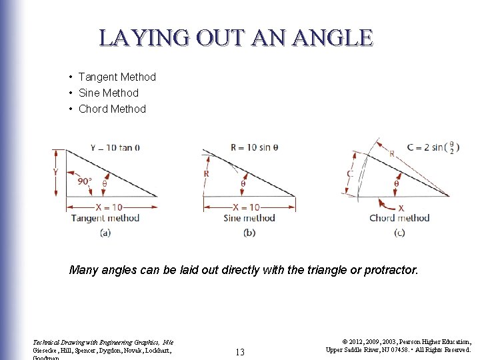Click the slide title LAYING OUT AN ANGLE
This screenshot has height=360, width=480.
click(236, 37)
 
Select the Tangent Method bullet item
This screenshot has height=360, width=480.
click(117, 77)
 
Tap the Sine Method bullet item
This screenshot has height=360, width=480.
click(108, 93)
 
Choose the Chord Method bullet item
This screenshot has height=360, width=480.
click(112, 109)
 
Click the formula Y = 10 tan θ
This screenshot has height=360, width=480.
click(115, 147)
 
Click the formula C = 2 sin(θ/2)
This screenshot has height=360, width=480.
click(427, 147)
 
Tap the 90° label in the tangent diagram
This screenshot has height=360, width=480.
click(85, 181)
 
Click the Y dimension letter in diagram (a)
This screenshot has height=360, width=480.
click(55, 172)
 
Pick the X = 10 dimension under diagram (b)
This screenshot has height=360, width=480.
click(249, 207)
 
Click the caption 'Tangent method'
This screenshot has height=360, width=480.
click(105, 218)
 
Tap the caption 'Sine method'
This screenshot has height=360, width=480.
click(249, 218)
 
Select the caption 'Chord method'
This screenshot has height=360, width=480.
click(399, 218)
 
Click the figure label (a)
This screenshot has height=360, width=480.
click(105, 232)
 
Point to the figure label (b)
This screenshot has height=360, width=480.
click(249, 232)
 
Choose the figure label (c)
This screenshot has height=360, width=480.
click(399, 232)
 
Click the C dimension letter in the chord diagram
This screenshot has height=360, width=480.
click(350, 174)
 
